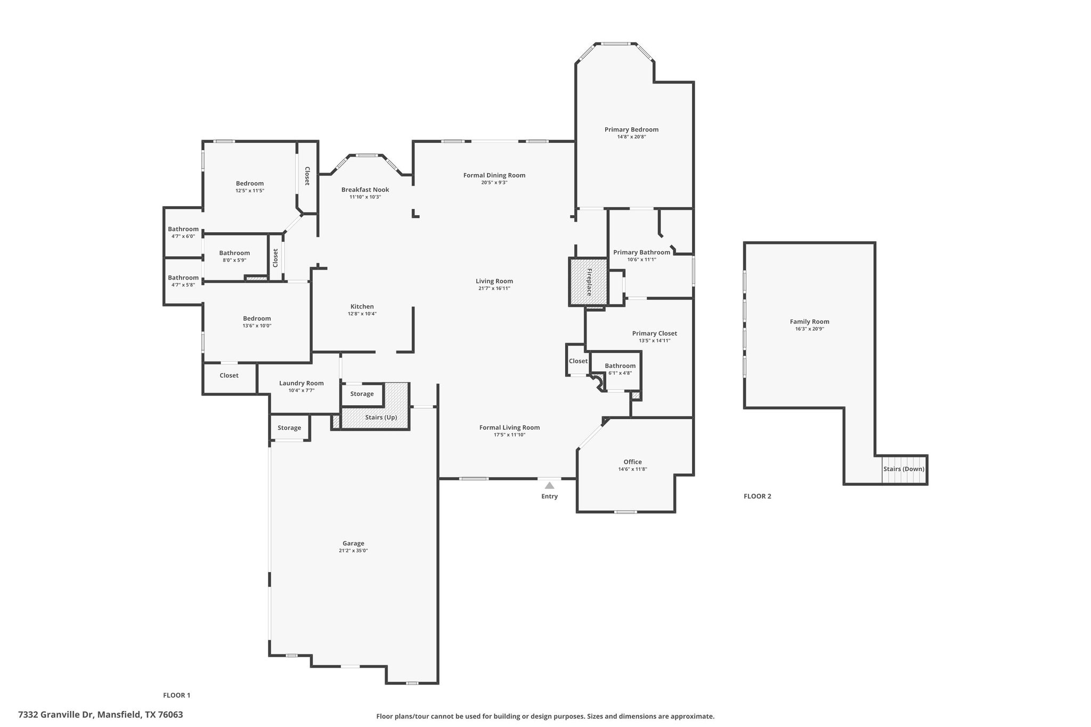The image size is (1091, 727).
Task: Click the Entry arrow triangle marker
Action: [549, 485]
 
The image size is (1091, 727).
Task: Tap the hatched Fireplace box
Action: [589, 282]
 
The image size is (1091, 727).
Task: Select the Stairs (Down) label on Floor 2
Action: [903, 469]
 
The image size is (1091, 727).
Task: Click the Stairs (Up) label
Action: [381, 418]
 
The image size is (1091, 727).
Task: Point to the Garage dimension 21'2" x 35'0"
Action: [353, 551]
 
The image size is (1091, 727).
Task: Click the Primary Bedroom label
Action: [631, 129]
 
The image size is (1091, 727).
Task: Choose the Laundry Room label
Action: [301, 383]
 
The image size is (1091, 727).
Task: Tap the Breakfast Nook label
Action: [365, 190]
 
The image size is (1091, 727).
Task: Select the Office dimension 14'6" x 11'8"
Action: [632, 469]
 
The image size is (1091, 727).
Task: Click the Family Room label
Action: [809, 322]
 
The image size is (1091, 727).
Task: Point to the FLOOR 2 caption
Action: [757, 496]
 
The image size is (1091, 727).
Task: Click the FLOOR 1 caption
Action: [176, 695]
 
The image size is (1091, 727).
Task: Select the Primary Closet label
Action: [654, 333]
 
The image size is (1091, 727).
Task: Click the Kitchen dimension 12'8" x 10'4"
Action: [362, 314]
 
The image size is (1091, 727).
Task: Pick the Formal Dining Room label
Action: [494, 175]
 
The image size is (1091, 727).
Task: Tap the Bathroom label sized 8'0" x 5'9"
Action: [234, 253]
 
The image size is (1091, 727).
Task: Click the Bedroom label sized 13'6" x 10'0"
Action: [257, 318]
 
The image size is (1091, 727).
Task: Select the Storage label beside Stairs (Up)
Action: [362, 394]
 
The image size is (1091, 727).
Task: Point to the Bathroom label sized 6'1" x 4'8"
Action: [620, 366]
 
